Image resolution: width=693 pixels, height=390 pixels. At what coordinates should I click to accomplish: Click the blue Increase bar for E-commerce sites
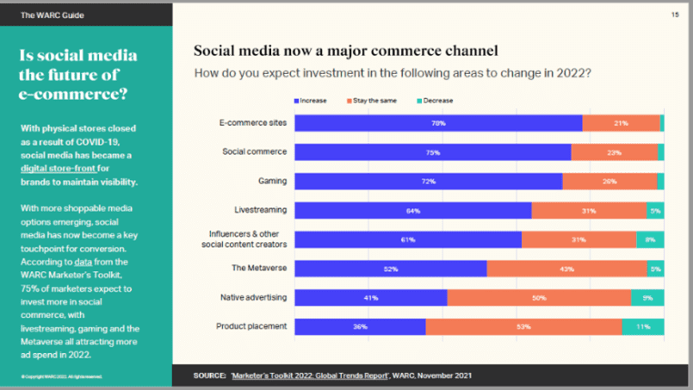tap(438, 123)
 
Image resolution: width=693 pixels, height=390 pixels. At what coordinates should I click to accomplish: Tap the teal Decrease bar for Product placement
tap(643, 327)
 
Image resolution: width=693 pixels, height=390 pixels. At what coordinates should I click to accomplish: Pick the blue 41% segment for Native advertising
tap(370, 298)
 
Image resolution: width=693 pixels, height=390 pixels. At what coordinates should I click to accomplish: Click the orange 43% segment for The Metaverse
tap(566, 269)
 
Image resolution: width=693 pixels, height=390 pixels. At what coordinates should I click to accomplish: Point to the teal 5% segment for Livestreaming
tap(655, 211)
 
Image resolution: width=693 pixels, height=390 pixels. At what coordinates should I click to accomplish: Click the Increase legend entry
tap(311, 101)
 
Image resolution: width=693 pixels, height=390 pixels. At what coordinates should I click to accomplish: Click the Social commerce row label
tap(255, 152)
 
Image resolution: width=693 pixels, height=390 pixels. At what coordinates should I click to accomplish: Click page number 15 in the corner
tap(674, 15)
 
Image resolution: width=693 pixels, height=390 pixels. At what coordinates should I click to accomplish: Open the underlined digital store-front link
tap(58, 169)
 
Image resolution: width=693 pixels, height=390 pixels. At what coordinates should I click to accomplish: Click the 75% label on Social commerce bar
tap(432, 152)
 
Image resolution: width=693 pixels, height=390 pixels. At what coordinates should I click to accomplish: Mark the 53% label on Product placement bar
tap(523, 327)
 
